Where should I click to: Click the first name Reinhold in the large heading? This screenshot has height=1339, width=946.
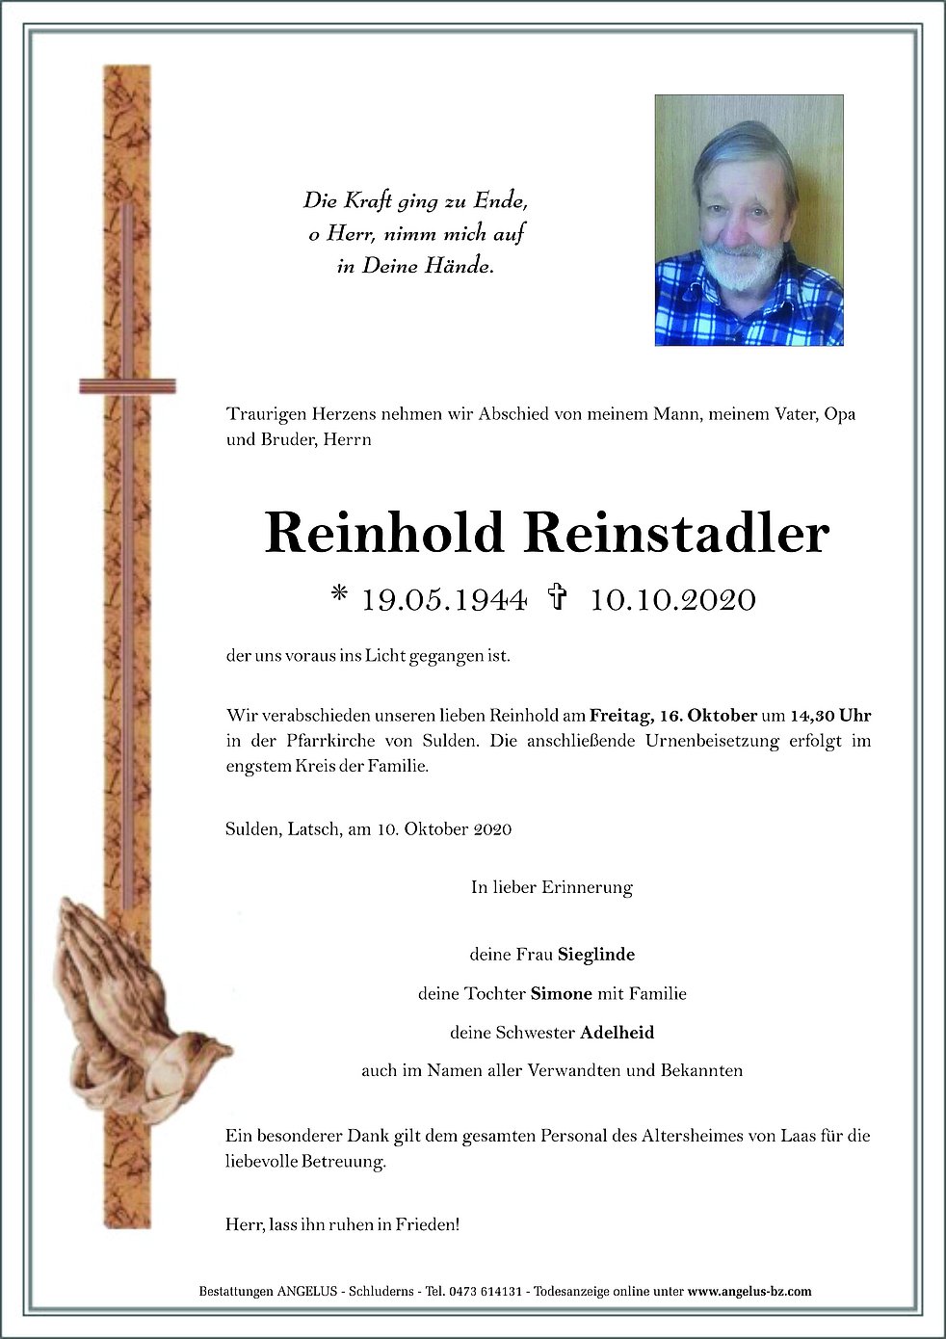[384, 533]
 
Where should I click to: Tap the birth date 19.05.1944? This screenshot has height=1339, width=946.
[443, 600]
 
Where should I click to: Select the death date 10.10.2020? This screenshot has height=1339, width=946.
[672, 600]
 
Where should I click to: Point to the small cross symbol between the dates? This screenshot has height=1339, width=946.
[556, 599]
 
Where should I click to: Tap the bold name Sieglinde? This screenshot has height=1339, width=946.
[596, 956]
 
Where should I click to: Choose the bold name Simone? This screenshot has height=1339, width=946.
[554, 993]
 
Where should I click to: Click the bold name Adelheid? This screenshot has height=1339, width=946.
[617, 1032]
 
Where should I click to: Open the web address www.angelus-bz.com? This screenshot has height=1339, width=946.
[749, 1291]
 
